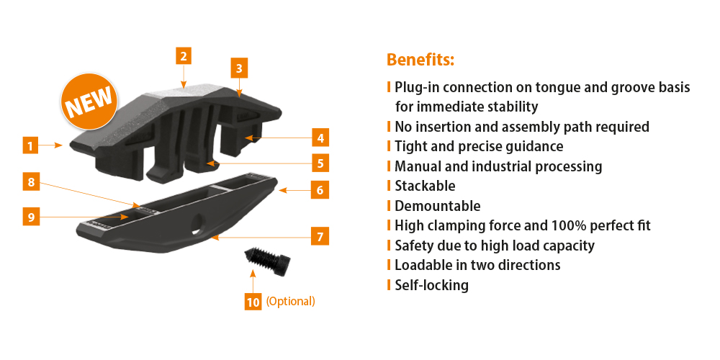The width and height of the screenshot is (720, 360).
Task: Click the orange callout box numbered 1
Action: tap(31, 146)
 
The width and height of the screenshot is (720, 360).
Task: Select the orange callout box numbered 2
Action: tap(184, 56)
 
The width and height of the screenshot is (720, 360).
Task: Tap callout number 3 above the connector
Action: tap(239, 69)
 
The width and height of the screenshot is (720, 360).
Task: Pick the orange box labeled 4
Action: tap(320, 138)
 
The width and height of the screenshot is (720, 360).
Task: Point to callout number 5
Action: tap(320, 163)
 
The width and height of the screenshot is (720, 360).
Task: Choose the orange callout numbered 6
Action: tap(320, 190)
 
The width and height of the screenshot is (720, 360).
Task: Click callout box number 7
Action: tap(320, 238)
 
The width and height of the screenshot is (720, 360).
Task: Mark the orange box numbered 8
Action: tap(31, 182)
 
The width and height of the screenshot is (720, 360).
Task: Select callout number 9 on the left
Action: tap(31, 217)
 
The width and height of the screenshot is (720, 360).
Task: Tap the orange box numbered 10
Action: tap(253, 302)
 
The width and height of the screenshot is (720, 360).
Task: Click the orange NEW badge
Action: tap(89, 101)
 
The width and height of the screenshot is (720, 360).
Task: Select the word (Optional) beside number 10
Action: tap(291, 302)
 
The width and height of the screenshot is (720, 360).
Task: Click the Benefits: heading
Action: tap(420, 60)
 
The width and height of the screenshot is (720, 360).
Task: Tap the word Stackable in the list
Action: tap(426, 186)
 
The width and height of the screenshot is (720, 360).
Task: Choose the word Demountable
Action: tap(438, 206)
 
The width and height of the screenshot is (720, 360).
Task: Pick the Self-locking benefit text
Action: tap(431, 285)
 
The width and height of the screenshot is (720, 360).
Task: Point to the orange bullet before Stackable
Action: tap(389, 186)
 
